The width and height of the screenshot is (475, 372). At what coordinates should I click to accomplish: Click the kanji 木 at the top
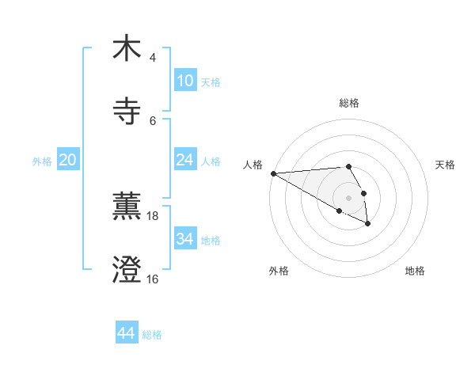pos(127,48)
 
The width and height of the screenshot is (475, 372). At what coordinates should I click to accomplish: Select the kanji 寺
pos(127,112)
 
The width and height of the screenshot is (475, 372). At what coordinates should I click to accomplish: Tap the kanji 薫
pos(127,207)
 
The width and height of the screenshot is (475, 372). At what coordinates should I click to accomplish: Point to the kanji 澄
pos(127,270)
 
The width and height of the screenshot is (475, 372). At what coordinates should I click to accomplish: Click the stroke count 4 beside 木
pos(153,57)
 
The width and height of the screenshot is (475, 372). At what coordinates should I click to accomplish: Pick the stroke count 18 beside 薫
pos(153,215)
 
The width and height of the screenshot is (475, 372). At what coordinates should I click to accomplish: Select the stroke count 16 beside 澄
pos(153,279)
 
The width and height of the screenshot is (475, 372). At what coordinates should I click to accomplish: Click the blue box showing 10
pos(184,81)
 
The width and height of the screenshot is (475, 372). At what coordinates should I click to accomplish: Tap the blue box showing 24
pos(184,160)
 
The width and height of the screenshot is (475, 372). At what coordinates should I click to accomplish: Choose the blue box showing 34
pos(184,239)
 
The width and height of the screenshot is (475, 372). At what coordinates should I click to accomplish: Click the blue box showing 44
pos(127,333)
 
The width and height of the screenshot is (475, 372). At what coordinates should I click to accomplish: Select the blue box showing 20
pos(67,160)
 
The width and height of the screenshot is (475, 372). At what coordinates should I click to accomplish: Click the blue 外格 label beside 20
pos(42,161)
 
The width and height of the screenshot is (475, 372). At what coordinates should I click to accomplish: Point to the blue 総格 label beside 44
pos(152,335)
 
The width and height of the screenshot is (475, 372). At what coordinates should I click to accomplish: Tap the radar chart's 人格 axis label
pos(253,164)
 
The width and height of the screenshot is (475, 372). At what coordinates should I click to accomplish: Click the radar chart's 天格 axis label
pos(446,164)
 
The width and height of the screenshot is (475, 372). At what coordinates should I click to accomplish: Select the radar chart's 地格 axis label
pos(415,271)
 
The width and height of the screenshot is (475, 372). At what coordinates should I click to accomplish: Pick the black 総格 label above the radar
pos(349,103)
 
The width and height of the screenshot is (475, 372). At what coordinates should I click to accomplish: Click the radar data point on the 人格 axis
pos(273,173)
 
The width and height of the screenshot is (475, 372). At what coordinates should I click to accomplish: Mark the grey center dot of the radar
pos(348,197)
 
